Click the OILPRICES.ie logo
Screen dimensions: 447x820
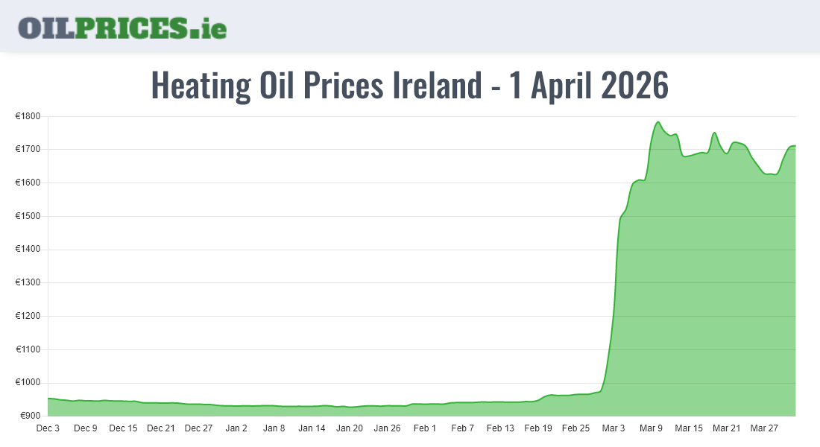click(x=122, y=28)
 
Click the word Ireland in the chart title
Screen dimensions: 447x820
click(x=438, y=86)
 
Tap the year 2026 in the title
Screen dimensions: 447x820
click(x=634, y=86)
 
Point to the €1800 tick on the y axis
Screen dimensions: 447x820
click(x=29, y=116)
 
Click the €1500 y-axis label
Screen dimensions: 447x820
click(x=29, y=216)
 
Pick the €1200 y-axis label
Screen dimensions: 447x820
click(x=29, y=316)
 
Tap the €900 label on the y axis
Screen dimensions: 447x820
click(x=31, y=416)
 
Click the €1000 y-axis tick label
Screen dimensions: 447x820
click(x=29, y=383)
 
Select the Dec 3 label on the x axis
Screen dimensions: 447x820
click(x=48, y=428)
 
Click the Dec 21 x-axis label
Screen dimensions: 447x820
click(x=161, y=428)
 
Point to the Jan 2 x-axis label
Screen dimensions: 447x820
click(x=236, y=428)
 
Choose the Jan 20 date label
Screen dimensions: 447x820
click(x=350, y=428)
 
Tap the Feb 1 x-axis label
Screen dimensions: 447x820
click(x=425, y=428)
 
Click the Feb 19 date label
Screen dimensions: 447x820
click(x=538, y=428)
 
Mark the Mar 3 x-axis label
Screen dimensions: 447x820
click(x=614, y=428)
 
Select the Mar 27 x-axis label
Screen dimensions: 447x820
click(x=764, y=428)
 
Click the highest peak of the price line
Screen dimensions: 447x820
click(x=657, y=122)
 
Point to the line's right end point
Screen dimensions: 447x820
click(x=795, y=146)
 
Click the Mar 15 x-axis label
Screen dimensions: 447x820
click(x=689, y=428)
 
